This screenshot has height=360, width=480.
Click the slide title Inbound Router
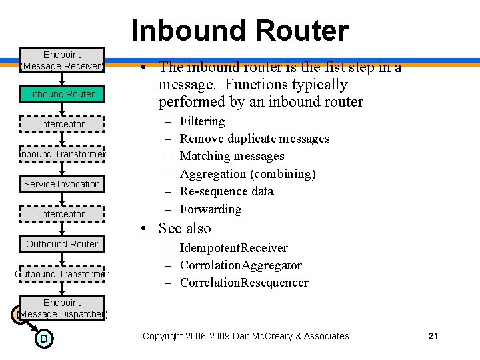point(239,31)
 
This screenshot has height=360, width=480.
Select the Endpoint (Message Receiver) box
point(62,60)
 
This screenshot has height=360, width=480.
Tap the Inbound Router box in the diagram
point(62,94)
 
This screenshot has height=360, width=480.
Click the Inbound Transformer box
point(62,154)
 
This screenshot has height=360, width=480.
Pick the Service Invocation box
point(62,184)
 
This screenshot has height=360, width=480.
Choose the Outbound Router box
point(62,244)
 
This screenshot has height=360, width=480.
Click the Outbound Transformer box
point(62,274)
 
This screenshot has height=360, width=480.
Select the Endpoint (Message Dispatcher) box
point(62,308)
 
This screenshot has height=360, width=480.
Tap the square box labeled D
point(43,339)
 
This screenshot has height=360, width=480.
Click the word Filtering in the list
point(202,121)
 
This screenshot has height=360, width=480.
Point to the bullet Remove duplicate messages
point(255,139)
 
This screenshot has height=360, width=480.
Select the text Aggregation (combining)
point(247,174)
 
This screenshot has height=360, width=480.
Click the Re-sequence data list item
point(226,191)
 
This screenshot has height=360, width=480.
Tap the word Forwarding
point(211,209)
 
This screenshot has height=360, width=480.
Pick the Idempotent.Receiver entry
point(233,248)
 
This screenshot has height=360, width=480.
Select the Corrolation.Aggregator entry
point(241,265)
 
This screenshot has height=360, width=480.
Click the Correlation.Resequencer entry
point(244,283)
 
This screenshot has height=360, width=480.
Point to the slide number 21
point(433,336)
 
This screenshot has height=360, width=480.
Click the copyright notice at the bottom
point(245,336)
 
